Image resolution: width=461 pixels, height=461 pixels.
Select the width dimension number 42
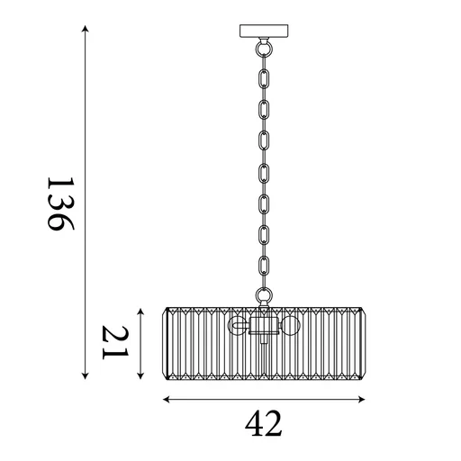(263, 421)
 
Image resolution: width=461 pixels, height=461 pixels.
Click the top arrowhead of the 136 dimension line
(86, 30)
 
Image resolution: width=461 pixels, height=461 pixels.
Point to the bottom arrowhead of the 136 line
(86, 376)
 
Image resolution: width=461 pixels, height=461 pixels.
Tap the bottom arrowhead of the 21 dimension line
(141, 376)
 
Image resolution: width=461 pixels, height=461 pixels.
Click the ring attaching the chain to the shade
(264, 296)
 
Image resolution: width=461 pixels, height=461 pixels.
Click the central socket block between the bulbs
(264, 325)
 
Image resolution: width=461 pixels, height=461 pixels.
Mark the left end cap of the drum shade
(165, 343)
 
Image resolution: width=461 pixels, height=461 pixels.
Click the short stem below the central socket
(264, 340)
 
